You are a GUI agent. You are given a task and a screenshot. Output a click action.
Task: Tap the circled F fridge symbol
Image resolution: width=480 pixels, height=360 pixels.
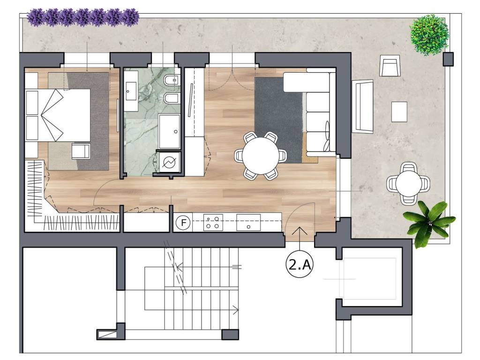[183, 222]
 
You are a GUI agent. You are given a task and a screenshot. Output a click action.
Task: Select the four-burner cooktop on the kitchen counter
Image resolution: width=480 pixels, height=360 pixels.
[213, 223]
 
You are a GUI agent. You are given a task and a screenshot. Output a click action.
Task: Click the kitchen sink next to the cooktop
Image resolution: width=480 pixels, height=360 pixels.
[248, 223]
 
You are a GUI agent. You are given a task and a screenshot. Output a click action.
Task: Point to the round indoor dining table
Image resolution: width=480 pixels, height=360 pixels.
[261, 156]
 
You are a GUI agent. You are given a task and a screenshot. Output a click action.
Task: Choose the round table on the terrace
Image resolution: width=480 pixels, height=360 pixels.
[408, 184]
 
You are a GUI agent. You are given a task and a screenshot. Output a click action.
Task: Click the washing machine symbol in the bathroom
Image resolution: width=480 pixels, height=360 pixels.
[168, 162]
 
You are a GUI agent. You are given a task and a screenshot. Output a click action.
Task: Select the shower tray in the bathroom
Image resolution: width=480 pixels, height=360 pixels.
[169, 131]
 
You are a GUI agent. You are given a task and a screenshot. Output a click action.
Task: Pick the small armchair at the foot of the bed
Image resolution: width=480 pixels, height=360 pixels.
[81, 151]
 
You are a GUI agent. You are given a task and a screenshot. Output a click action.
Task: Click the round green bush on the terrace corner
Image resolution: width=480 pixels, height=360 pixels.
[429, 35]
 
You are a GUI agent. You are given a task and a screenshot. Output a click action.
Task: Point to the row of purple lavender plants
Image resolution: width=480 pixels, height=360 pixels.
[82, 17]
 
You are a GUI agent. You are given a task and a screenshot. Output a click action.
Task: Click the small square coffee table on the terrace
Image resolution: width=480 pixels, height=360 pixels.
[399, 112]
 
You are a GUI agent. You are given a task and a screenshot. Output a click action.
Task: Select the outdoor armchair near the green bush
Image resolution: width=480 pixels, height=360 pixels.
[390, 66]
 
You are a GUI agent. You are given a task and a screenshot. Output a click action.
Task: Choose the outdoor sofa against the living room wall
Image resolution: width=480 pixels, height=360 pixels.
[362, 106]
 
